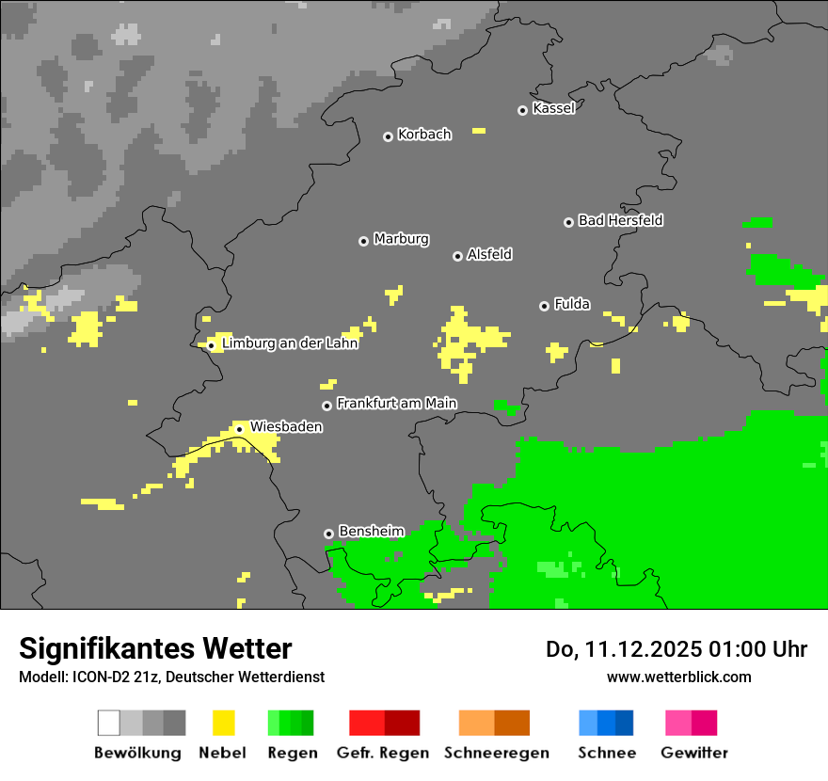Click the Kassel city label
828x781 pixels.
click(x=553, y=108)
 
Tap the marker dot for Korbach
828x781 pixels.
click(x=388, y=136)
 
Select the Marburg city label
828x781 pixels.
click(x=401, y=239)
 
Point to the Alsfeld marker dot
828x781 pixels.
click(x=457, y=256)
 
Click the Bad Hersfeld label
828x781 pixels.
click(x=620, y=220)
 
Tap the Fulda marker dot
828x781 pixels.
click(x=544, y=306)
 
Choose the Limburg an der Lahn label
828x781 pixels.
click(x=290, y=343)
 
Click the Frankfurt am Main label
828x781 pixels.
click(x=396, y=404)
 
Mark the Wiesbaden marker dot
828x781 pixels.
click(x=239, y=429)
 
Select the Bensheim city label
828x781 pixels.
click(x=371, y=532)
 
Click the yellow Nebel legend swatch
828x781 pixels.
click(x=224, y=723)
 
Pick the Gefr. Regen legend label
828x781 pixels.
click(x=383, y=753)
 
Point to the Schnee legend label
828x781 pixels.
click(x=607, y=753)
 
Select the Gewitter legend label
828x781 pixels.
click(x=694, y=753)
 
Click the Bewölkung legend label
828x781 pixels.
click(x=137, y=753)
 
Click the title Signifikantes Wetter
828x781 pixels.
click(x=155, y=649)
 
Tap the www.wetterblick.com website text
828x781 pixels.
click(x=678, y=677)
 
